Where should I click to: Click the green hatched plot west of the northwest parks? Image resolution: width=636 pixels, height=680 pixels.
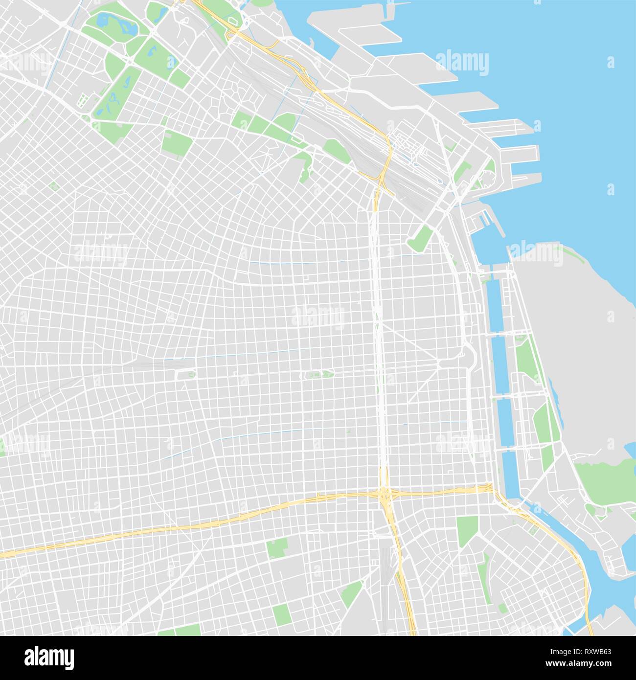point(82,101)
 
